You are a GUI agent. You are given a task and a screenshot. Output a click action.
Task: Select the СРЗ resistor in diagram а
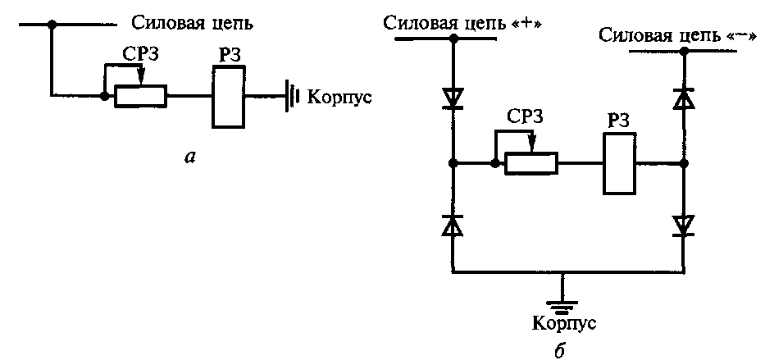140,97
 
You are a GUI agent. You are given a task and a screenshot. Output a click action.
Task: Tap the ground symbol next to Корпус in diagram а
291,97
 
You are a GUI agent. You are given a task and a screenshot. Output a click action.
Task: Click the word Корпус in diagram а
339,97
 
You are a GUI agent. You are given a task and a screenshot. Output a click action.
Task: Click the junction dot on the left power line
51,26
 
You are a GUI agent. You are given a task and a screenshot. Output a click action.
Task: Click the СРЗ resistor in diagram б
530,163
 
